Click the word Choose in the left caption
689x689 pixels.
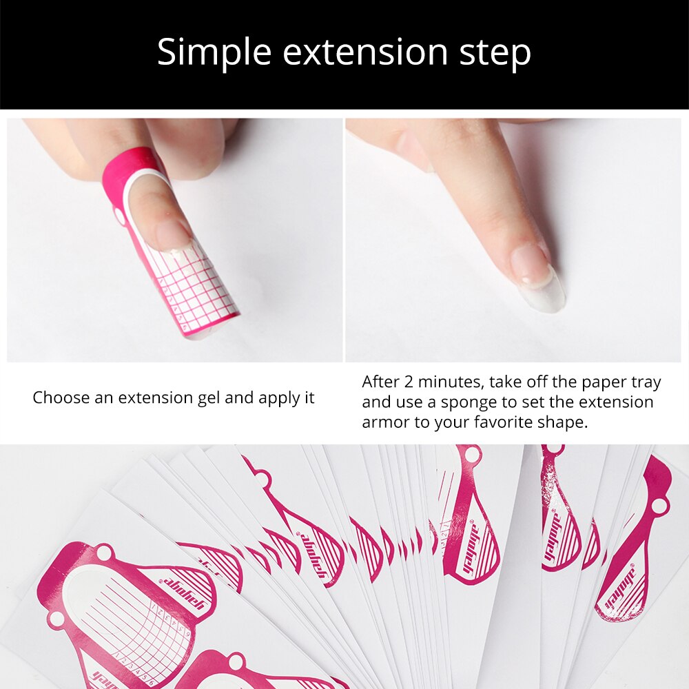pyautogui.click(x=59, y=398)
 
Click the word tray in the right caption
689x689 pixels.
pyautogui.click(x=645, y=382)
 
